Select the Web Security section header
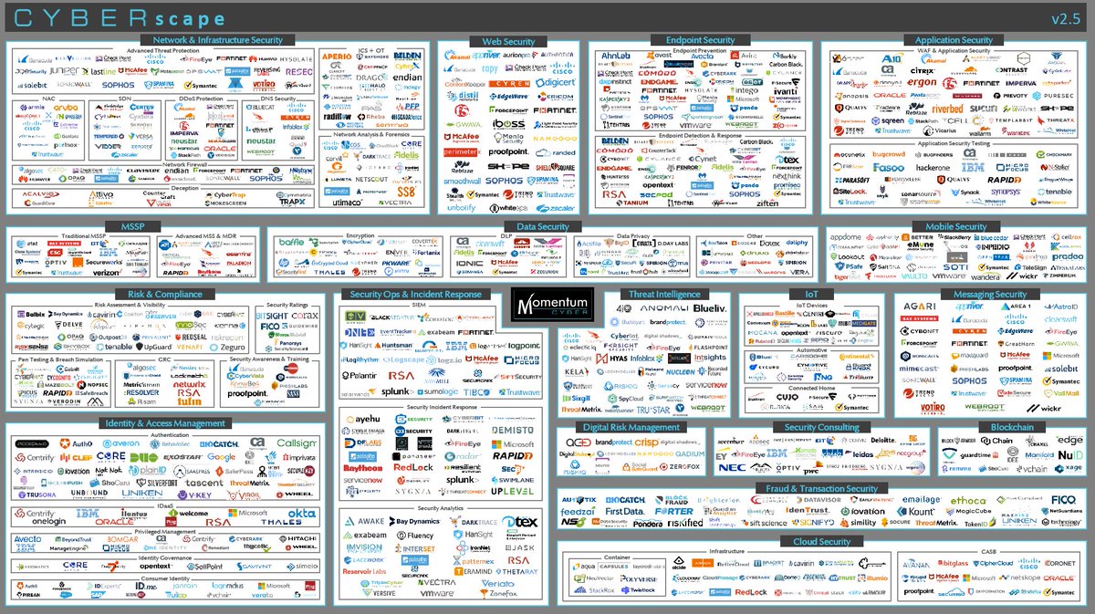[x=509, y=41]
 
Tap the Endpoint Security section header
[x=701, y=40]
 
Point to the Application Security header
[x=954, y=40]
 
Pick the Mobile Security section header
[x=956, y=226]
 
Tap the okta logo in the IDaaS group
[x=301, y=514]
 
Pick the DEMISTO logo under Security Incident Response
[x=512, y=430]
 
